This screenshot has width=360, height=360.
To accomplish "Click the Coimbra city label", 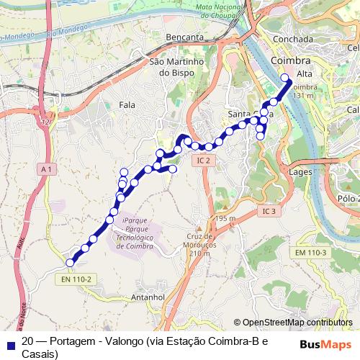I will tap(292, 60).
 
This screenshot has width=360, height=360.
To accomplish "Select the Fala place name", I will tap(126, 105).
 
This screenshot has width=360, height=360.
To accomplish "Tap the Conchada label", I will tap(287, 39).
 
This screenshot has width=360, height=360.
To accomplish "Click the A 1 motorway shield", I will tap(48, 168).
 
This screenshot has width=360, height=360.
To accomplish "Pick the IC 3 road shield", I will tap(269, 211).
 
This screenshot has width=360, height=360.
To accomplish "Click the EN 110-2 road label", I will tap(76, 279).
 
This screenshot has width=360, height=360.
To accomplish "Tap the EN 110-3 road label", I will tap(310, 252).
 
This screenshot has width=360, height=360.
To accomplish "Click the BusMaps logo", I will tap(327, 343).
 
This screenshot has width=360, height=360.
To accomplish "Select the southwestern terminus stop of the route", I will tap(70, 263).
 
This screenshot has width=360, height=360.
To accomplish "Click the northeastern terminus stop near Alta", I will tap(284, 78).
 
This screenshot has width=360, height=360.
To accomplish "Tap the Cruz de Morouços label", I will tap(201, 241).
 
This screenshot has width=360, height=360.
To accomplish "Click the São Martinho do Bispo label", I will tap(177, 67).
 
